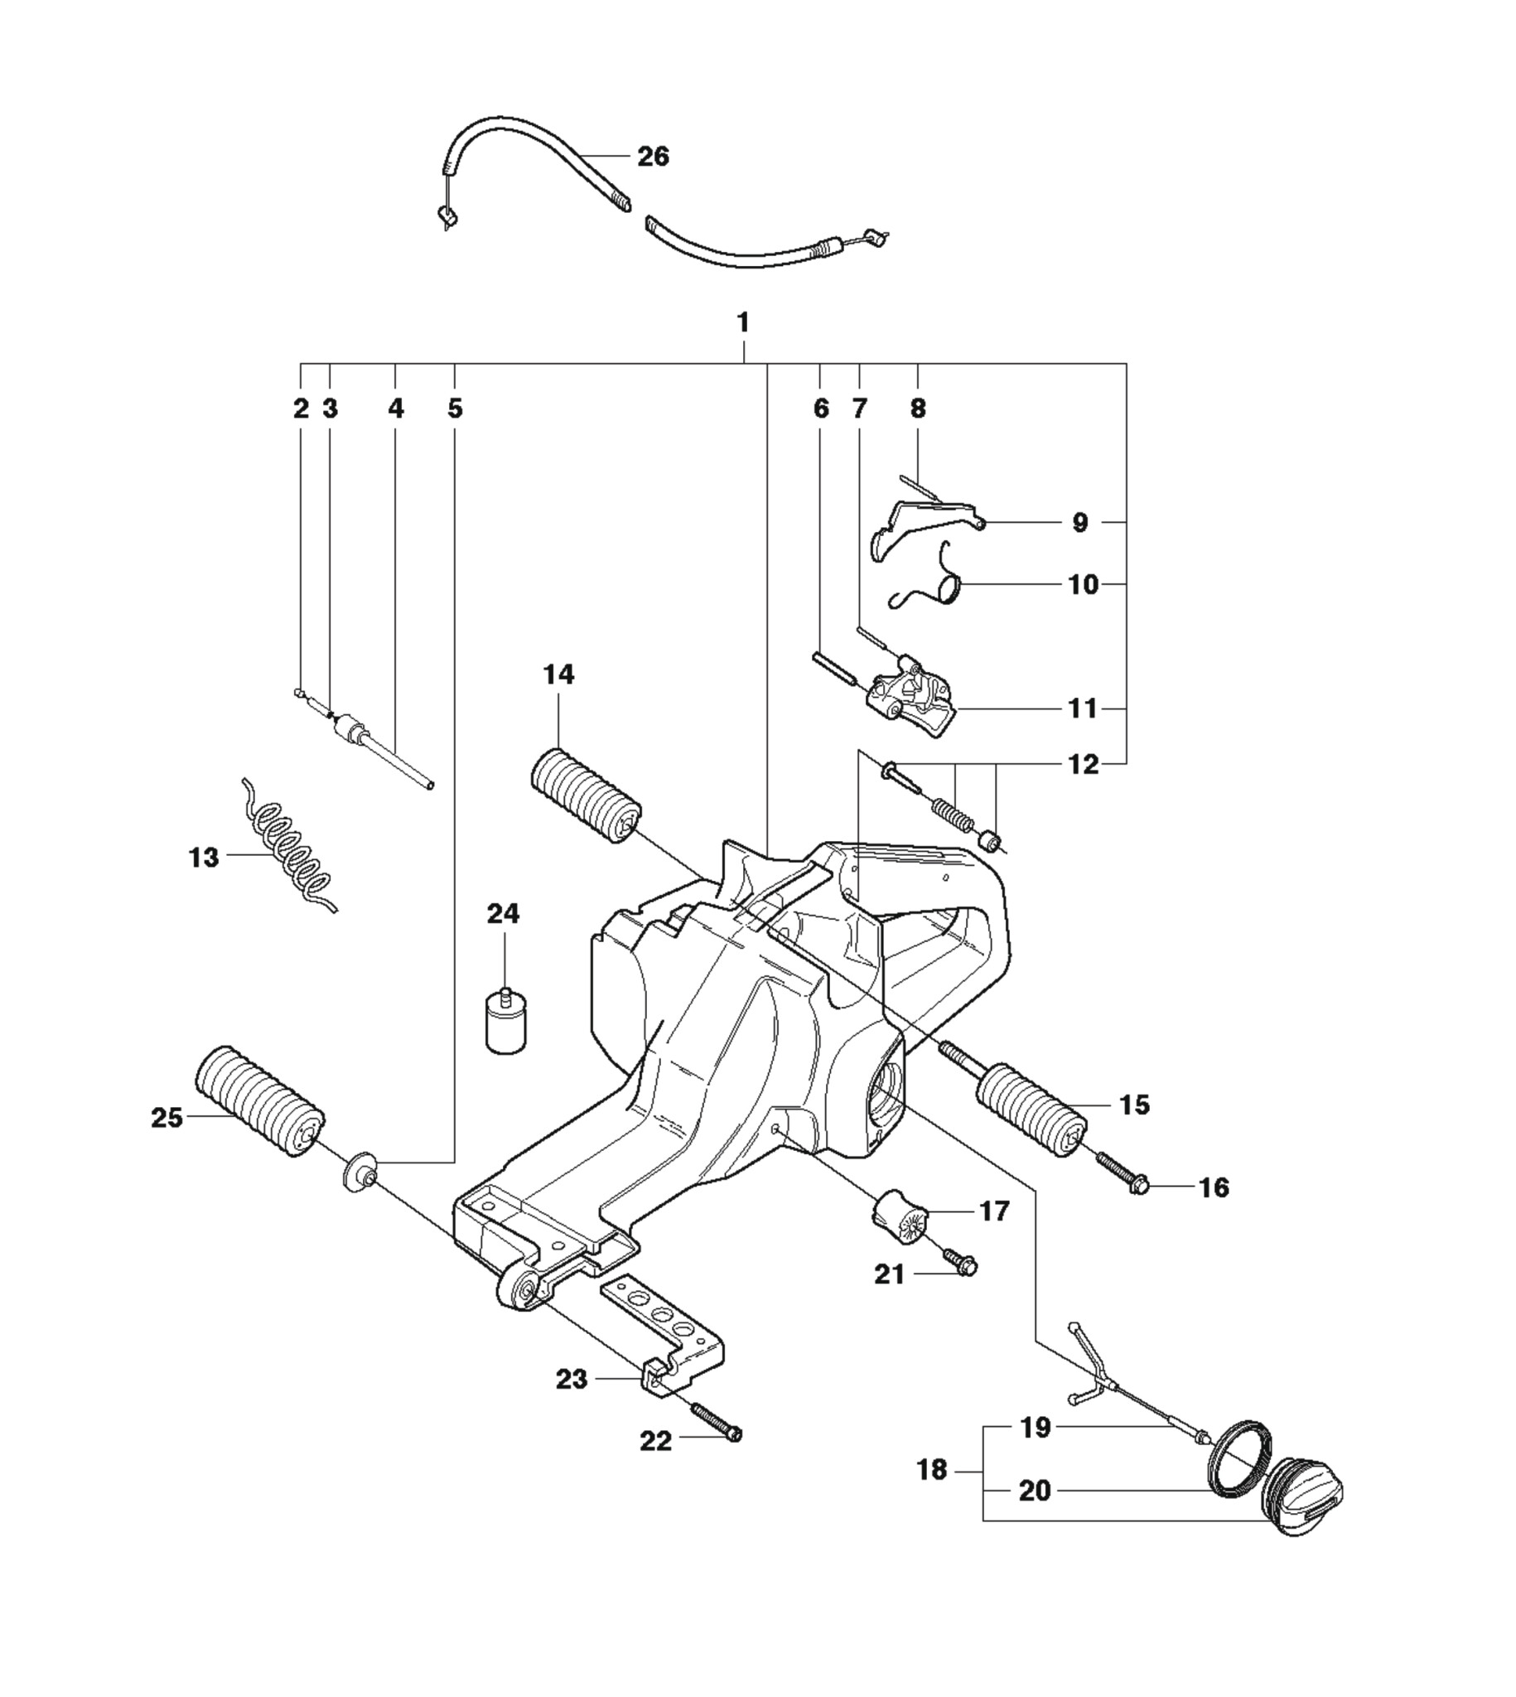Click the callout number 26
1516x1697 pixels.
tap(653, 156)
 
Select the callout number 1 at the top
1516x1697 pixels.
tap(743, 322)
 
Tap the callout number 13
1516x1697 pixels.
tap(204, 858)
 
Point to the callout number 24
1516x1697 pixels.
tap(503, 914)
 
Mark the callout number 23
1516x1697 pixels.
tap(572, 1380)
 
